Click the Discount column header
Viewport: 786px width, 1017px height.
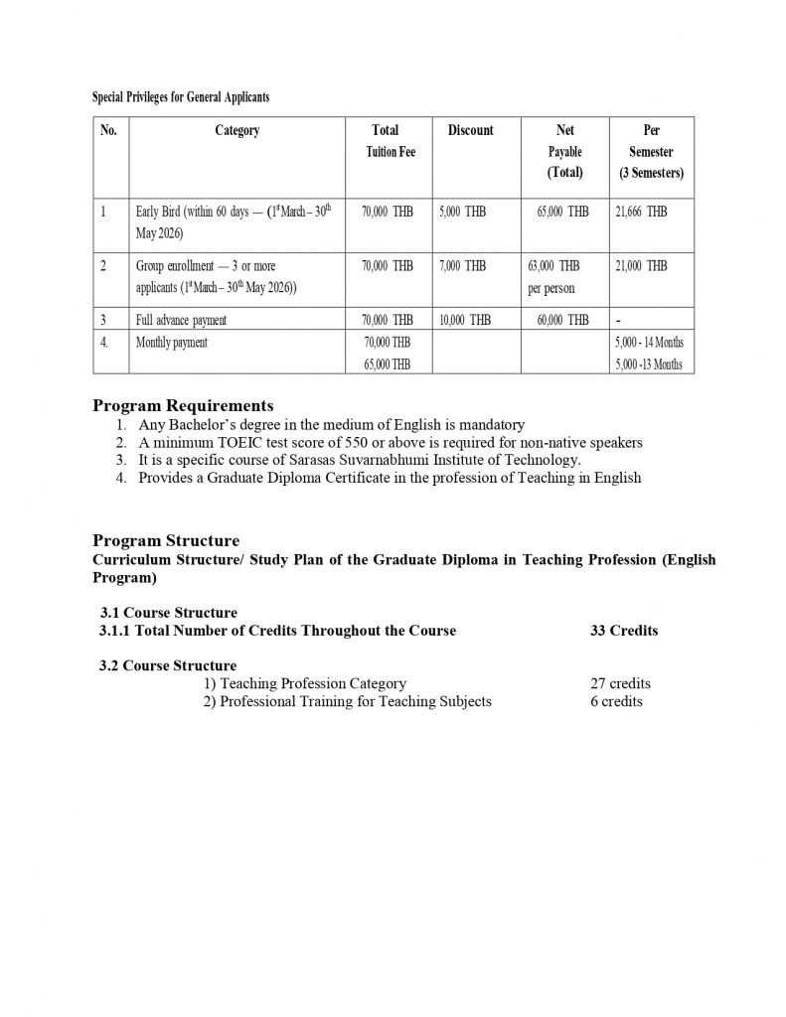[x=470, y=130]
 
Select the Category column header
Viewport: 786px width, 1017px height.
[x=236, y=130]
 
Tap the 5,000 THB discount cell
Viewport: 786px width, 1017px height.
[x=462, y=212]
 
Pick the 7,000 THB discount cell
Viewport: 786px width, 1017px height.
[x=462, y=266]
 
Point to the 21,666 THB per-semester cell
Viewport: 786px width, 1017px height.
[x=641, y=212]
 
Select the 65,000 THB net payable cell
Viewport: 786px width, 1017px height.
[x=562, y=212]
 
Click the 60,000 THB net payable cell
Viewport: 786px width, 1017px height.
[x=562, y=320]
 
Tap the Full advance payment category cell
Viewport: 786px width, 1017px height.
[x=181, y=320]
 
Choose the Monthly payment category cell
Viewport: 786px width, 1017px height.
[x=172, y=343]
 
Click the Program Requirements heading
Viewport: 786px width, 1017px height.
[x=183, y=405]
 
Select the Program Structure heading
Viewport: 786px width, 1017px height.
[x=166, y=540]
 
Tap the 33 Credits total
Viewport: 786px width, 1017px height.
[x=623, y=631]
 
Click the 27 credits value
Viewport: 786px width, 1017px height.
[x=620, y=683]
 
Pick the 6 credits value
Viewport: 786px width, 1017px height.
[x=616, y=701]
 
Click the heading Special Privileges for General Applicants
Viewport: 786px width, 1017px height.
[x=181, y=97]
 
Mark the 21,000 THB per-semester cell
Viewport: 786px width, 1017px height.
[x=641, y=266]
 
